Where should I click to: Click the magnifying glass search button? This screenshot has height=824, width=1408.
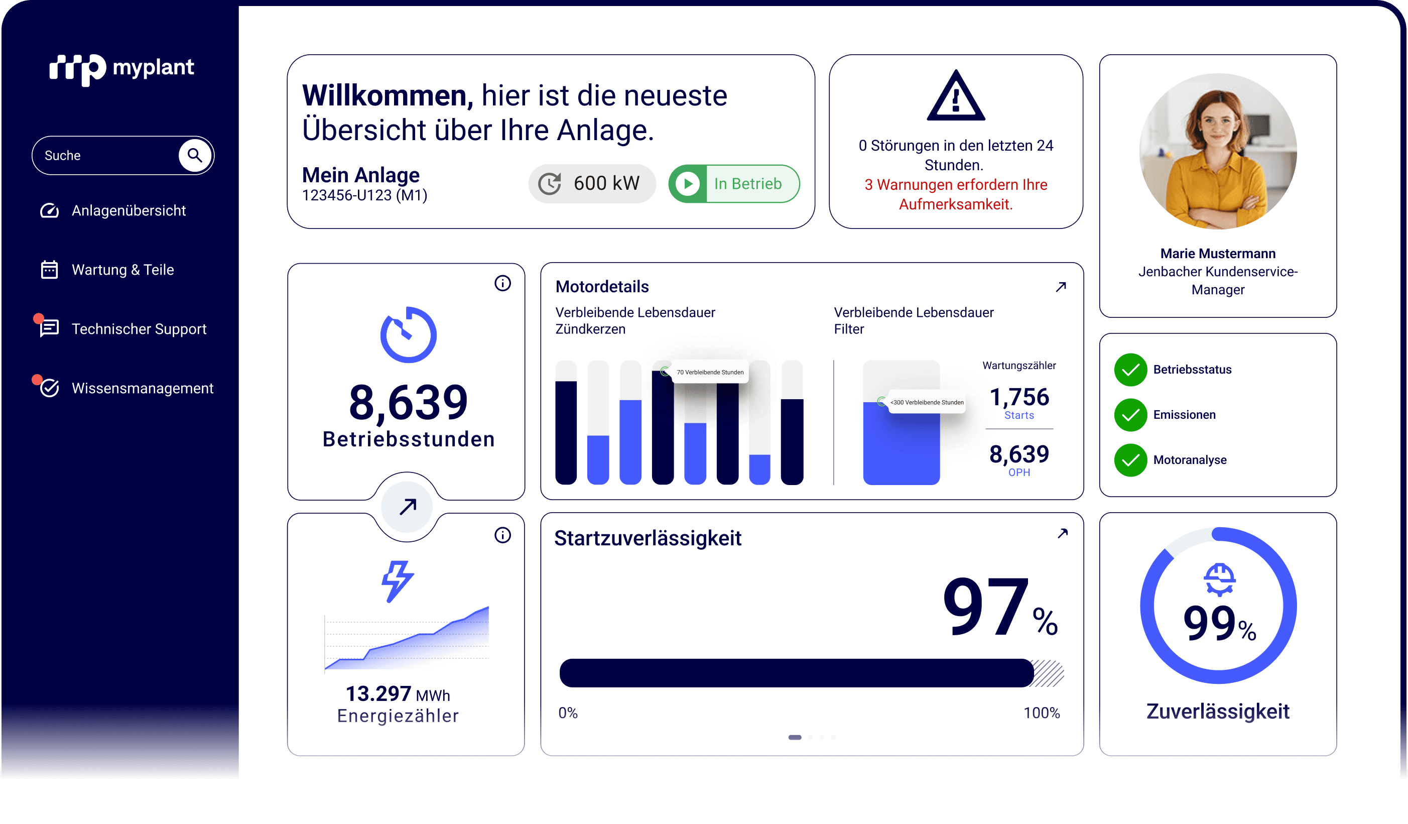194,155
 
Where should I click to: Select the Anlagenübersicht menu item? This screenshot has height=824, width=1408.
128,211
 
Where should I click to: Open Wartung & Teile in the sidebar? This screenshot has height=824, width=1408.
122,270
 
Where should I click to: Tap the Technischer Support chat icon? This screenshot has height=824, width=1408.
49,328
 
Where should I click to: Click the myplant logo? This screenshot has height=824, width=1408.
122,69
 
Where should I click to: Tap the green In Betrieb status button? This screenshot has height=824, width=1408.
733,183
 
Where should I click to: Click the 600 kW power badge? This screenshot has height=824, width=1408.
592,183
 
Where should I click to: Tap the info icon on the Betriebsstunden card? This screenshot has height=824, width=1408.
502,283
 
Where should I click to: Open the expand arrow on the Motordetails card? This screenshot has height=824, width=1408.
1061,287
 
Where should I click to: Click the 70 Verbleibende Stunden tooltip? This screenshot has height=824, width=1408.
709,372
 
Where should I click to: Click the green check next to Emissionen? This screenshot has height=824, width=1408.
1130,415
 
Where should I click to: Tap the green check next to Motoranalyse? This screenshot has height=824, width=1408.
1130,460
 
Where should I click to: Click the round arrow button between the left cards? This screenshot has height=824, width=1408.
407,507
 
